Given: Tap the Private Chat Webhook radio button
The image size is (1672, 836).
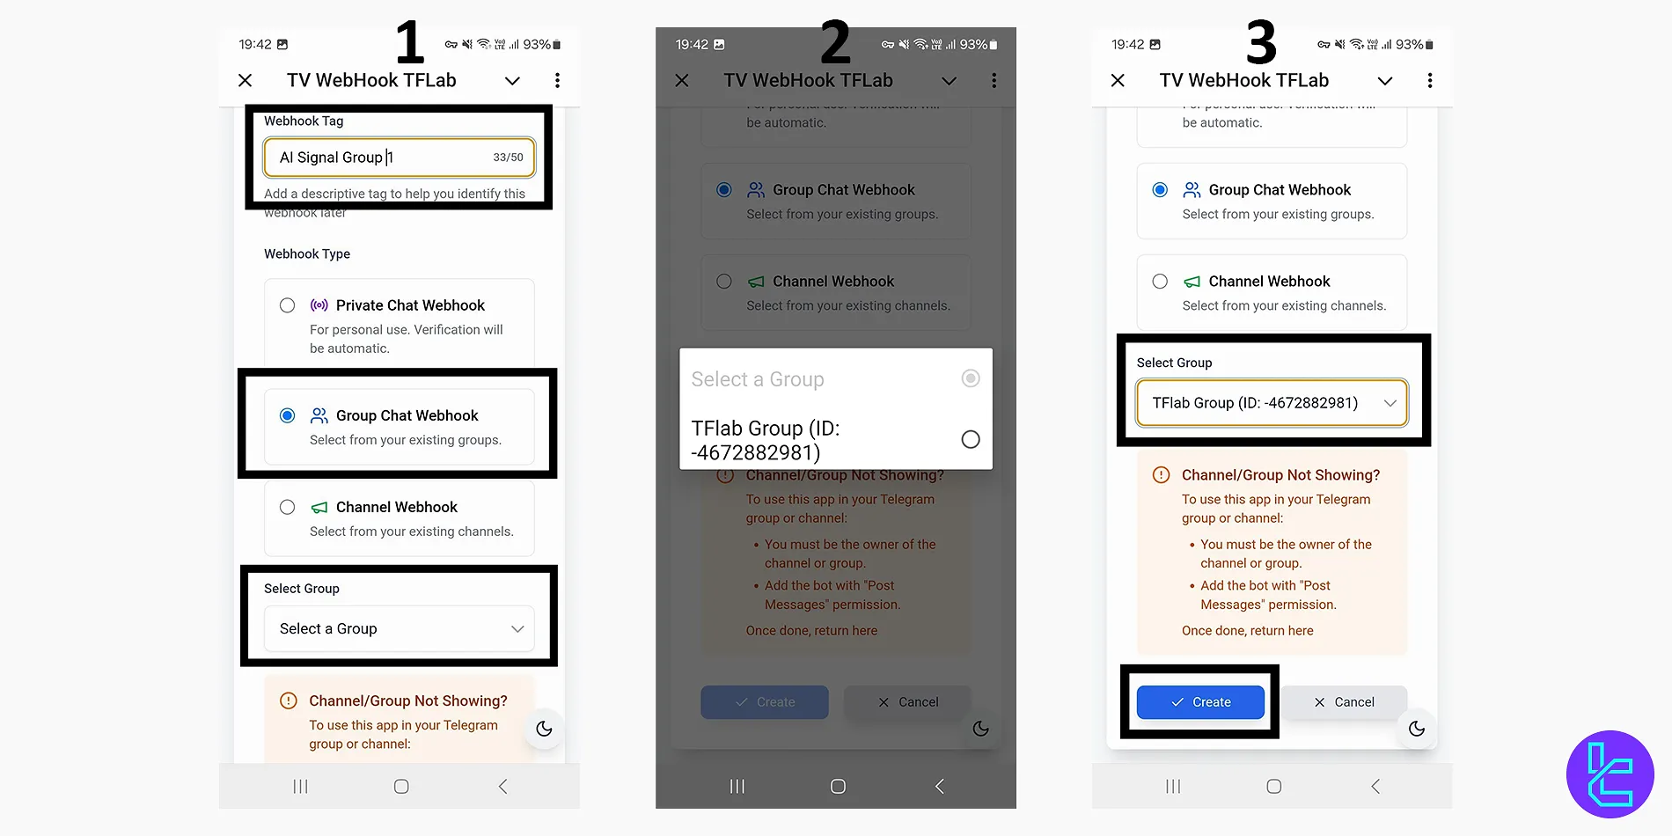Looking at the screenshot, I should [x=287, y=305].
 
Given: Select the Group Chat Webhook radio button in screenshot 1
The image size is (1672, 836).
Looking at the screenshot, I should [x=287, y=415].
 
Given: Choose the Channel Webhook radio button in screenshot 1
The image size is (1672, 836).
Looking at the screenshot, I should [x=287, y=507].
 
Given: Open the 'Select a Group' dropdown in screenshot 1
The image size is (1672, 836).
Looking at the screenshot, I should [x=399, y=628].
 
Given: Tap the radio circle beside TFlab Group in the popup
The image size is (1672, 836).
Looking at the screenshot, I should [x=970, y=439].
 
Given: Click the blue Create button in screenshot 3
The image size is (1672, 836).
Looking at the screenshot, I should [x=1200, y=702].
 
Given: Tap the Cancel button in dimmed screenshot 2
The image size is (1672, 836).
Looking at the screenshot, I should [x=907, y=702].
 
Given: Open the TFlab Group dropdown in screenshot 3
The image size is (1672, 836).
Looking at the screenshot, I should [x=1272, y=403].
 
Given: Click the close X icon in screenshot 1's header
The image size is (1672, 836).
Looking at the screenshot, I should [x=246, y=81].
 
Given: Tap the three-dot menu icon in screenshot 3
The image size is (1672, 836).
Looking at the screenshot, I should [x=1430, y=81].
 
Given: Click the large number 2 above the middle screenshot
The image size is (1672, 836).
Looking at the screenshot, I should [x=835, y=42].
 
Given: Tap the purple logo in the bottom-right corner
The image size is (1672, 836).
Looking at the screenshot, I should [x=1610, y=774].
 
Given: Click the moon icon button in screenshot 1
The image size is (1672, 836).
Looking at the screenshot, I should [x=544, y=729].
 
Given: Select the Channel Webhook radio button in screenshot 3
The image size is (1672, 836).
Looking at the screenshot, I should [x=1160, y=282].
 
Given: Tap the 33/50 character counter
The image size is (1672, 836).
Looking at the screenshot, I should [x=508, y=158].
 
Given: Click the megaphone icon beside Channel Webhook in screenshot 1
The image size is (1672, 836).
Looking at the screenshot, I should [x=319, y=508].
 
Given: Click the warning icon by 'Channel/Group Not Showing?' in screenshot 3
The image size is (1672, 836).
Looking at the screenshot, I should [x=1162, y=475].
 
